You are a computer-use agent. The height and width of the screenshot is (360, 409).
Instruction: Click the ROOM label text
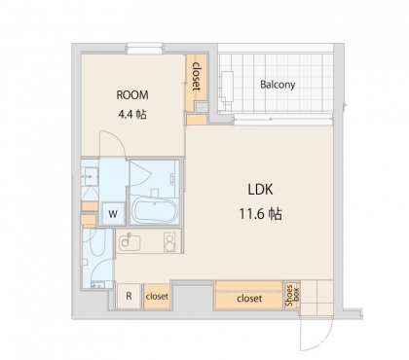tap(132, 95)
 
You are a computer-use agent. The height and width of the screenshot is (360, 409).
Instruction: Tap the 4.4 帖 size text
tap(132, 114)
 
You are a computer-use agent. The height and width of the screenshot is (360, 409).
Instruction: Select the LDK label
tap(260, 190)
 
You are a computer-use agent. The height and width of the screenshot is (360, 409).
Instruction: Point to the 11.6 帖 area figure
tap(260, 214)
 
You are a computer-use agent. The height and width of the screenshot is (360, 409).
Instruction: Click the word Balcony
tap(278, 85)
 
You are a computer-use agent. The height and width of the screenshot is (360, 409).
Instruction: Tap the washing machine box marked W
tap(113, 214)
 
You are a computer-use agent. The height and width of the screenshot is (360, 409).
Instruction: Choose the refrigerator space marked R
tap(129, 296)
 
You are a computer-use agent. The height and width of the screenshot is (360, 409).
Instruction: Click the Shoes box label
tap(292, 295)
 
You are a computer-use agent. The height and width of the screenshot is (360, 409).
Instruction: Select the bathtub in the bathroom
tap(155, 211)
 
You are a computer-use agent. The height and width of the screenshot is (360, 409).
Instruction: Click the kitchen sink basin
tap(130, 242)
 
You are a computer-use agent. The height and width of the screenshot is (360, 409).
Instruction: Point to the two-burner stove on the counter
tap(169, 242)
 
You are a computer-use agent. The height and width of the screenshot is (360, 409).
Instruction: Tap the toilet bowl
tap(96, 243)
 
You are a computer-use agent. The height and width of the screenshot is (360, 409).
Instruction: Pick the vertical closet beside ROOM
tap(197, 82)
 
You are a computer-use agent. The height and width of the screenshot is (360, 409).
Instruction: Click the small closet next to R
tap(157, 296)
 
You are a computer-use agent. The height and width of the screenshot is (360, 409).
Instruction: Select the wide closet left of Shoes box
tap(248, 295)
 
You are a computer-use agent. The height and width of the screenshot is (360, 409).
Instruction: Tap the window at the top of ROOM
tap(144, 49)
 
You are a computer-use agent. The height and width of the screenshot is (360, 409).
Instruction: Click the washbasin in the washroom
tap(91, 176)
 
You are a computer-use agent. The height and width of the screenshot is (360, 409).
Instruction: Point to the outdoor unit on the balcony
tap(227, 87)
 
